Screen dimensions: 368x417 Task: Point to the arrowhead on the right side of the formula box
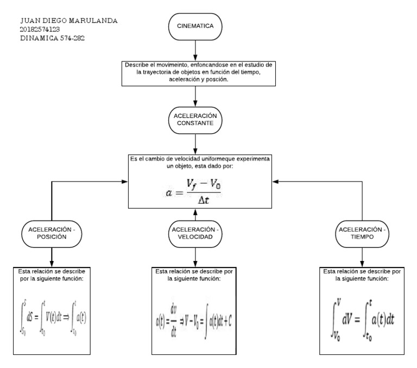click(x=275, y=181)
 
